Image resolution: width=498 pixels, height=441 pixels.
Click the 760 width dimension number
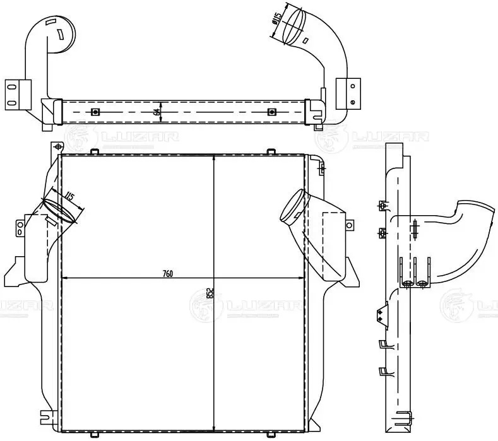(x=167, y=273)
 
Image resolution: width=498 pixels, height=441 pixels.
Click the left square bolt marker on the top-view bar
(x=94, y=112)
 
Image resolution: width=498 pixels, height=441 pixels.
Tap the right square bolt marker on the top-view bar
(x=272, y=112)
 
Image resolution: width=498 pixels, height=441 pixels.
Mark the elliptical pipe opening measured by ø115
(x=292, y=25)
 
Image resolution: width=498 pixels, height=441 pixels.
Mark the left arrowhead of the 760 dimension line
(x=65, y=278)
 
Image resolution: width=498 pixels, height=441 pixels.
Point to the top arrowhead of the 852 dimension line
(x=215, y=158)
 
